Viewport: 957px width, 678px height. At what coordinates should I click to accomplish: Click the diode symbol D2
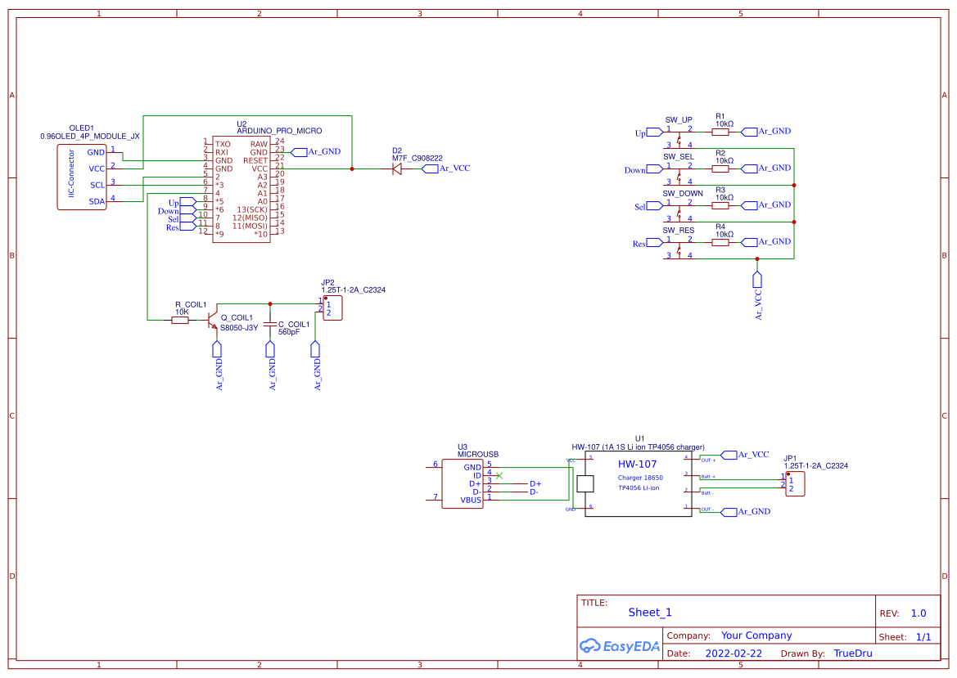coord(397,169)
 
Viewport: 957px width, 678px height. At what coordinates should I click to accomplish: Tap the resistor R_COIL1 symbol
coord(180,320)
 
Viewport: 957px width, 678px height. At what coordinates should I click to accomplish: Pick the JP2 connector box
coord(332,308)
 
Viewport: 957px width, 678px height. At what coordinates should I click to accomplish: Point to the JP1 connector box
coord(795,483)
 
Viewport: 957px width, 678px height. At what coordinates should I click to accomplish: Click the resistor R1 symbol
coord(720,131)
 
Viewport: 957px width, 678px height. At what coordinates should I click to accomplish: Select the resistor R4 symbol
coord(720,242)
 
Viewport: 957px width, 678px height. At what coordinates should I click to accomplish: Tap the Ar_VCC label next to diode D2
coord(454,168)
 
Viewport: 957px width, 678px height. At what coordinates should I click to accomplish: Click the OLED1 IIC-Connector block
coord(82,177)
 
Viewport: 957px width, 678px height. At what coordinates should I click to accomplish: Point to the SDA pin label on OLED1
coord(97,201)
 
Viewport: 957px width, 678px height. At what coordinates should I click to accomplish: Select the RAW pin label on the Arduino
coord(259,144)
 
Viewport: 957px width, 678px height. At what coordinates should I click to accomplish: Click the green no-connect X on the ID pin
coord(499,475)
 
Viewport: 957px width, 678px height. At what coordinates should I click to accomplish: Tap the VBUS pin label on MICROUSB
coord(471,499)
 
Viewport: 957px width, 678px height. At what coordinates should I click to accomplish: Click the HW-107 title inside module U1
coord(638,464)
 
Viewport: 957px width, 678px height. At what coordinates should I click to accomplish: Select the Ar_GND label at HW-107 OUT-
coord(753,511)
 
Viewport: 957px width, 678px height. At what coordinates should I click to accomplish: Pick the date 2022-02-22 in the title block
coord(734,653)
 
